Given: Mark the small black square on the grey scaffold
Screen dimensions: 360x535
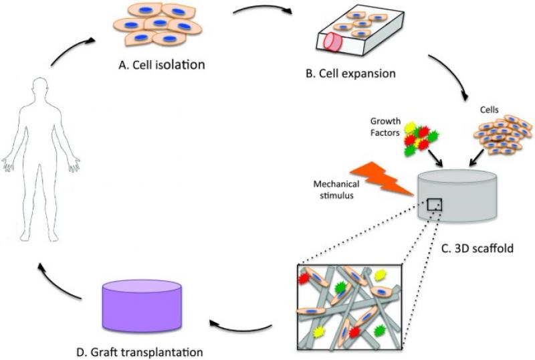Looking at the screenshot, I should (x=435, y=204).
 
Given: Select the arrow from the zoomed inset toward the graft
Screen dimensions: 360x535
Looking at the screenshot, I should (x=241, y=328).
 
